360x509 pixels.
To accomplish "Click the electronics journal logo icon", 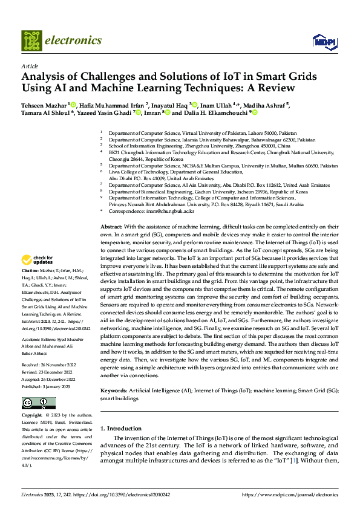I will coord(31,41).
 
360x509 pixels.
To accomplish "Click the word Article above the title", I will coord(30,66).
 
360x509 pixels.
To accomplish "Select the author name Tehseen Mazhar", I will coord(44,105).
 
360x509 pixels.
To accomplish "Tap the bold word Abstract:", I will coord(111,226).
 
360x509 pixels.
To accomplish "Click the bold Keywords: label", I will coord(114,374).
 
